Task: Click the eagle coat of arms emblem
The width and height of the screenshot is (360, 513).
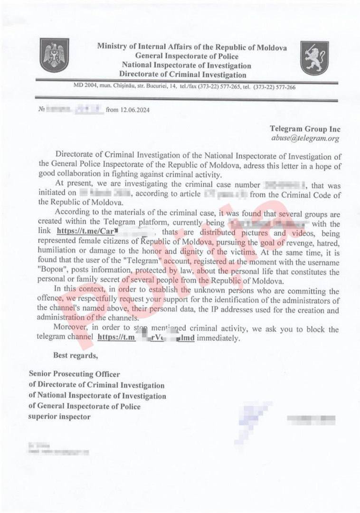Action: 55,56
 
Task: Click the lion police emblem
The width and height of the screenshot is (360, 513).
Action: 314,57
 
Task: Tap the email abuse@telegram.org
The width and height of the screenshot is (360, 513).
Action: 305,138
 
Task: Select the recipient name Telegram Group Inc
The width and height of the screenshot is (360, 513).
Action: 305,129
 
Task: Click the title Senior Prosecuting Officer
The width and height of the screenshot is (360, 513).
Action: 75,374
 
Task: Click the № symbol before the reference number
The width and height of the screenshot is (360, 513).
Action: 41,110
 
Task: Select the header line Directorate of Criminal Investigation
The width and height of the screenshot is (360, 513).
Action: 183,75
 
